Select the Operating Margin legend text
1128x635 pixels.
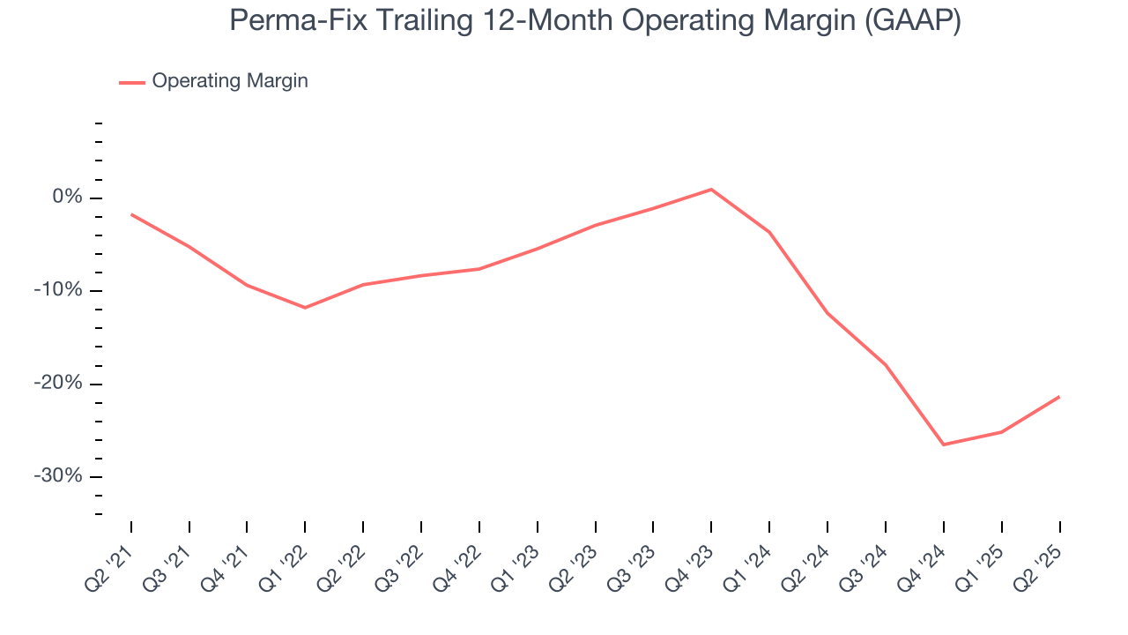coord(230,81)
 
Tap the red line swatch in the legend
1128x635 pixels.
coord(132,82)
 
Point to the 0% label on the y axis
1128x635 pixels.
coord(67,198)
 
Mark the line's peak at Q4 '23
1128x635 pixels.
coord(711,190)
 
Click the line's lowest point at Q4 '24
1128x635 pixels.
coord(943,444)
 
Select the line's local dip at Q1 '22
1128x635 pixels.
coord(305,308)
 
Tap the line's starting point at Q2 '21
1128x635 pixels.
coord(131,214)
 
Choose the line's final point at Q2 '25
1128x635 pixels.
coord(1058,397)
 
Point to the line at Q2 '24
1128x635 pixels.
coord(827,313)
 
